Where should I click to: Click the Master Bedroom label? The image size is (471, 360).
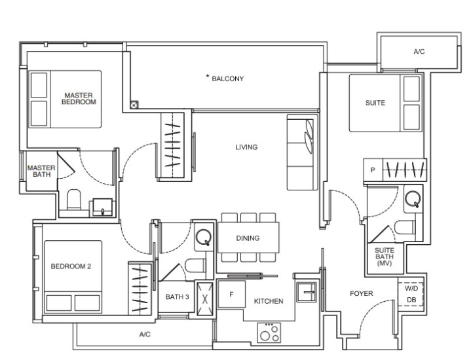coord(79,98)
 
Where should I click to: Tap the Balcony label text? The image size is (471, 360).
coord(228,79)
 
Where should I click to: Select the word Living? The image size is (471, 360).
coord(246,147)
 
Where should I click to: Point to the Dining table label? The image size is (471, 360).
coord(248,238)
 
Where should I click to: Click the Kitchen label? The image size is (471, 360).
coord(269,301)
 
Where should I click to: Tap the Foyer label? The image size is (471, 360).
coord(362,293)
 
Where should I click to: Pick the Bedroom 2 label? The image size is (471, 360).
coord(71,266)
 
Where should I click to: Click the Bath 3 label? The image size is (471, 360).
coord(178,297)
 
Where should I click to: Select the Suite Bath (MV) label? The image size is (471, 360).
coord(385,257)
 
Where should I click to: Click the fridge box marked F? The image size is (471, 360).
coord(232,294)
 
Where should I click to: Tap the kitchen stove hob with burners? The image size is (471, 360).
coord(269,333)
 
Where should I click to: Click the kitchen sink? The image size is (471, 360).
coord(307,292)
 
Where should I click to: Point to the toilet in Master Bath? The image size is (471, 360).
coord(74,199)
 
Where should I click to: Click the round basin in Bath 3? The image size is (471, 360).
coord(204,237)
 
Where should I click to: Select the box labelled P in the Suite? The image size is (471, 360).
coord(373,170)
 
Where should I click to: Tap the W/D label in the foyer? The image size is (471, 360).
coord(411,289)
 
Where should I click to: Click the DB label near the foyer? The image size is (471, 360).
coord(411,300)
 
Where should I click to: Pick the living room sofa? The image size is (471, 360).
coord(302,153)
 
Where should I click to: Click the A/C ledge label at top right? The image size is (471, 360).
coord(419,52)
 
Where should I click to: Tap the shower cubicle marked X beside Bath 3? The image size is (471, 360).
coord(205,298)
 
